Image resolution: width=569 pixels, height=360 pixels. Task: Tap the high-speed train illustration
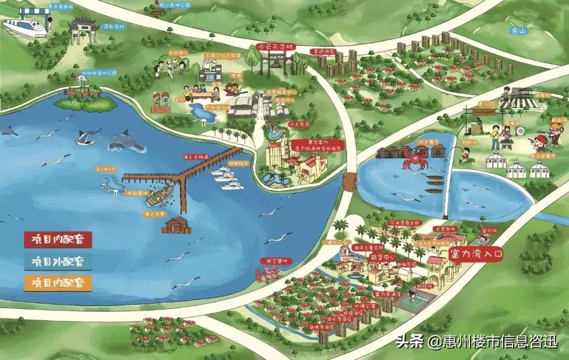(24, 27)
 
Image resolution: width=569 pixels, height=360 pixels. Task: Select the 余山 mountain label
(519, 31)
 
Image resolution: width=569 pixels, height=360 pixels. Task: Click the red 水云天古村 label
(276, 47)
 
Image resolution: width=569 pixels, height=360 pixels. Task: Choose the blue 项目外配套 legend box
(57, 261)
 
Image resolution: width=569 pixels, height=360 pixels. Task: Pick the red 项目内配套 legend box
(57, 240)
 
